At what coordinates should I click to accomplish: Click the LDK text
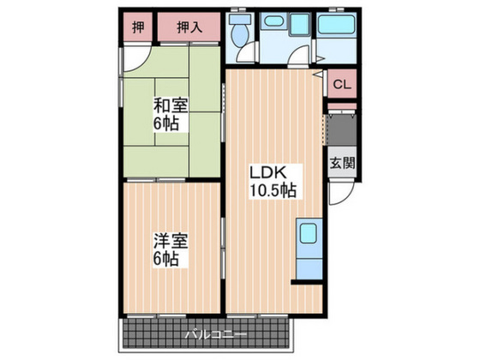267,171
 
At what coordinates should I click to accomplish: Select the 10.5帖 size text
273,190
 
